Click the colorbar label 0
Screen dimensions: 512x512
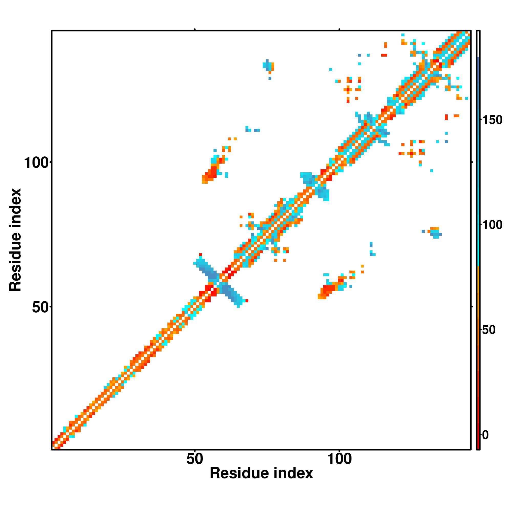click(485, 435)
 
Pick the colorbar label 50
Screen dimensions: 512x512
click(488, 330)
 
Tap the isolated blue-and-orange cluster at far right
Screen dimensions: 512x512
click(435, 232)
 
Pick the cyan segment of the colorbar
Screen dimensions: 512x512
click(478, 239)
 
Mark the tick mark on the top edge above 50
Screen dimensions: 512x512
click(195, 29)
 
